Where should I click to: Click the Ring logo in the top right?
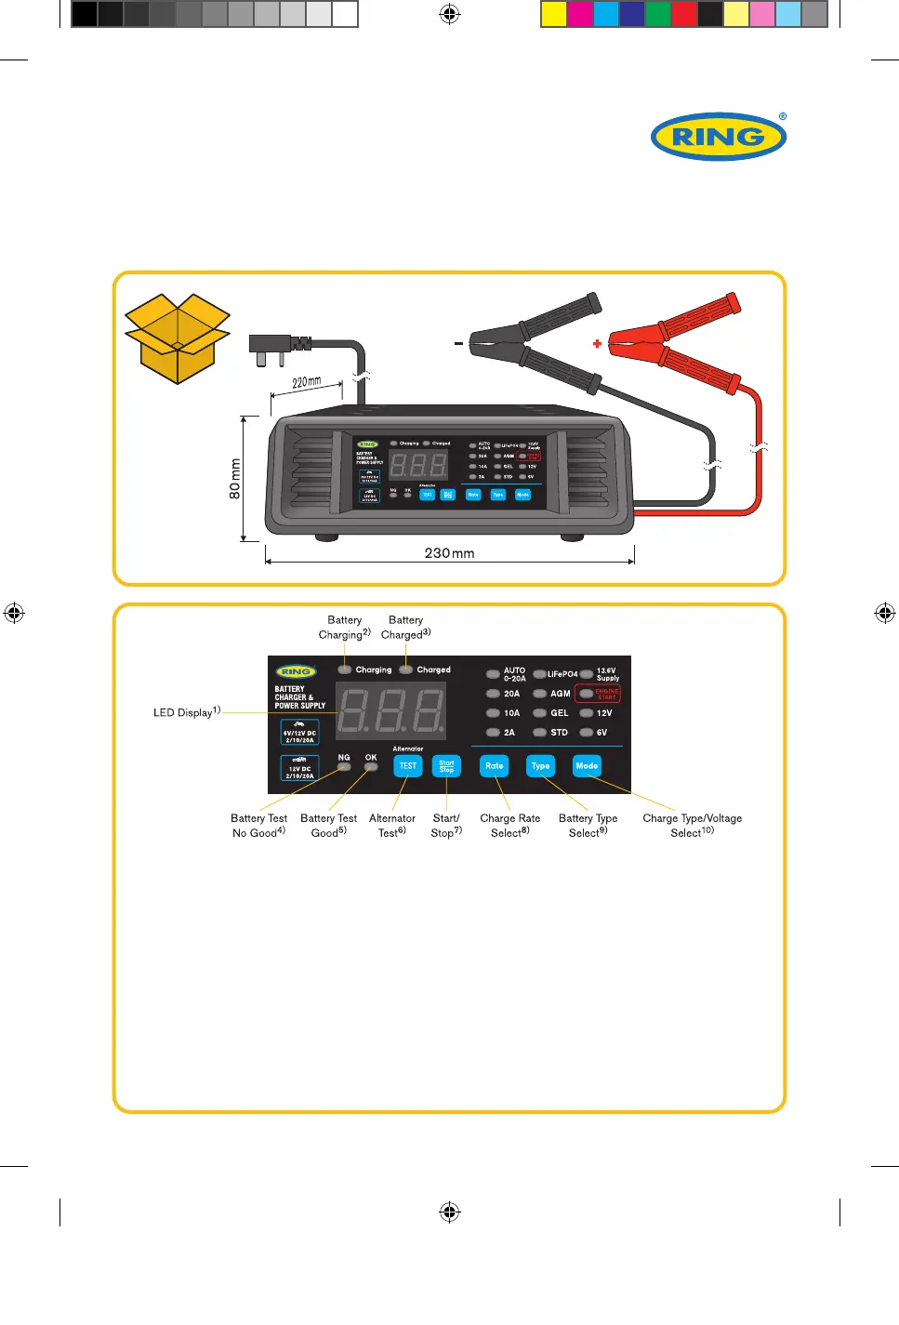coord(718,137)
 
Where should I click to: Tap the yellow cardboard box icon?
coord(177,338)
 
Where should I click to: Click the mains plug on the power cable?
coord(271,348)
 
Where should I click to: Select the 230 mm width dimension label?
coord(449,553)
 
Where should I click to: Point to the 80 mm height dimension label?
coord(235,478)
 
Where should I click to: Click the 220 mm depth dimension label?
coord(306,382)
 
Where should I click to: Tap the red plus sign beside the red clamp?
coord(597,344)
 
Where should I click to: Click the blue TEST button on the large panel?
coord(408,766)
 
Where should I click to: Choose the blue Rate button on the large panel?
coord(495,766)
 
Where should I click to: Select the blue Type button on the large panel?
coord(540,766)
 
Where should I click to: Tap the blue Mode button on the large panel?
coord(587,766)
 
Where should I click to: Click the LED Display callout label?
coord(186,712)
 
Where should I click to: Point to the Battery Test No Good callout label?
coord(258,826)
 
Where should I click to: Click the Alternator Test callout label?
coord(392,826)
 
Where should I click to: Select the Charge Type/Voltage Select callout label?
coord(692,826)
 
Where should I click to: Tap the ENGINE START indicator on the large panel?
coord(606,694)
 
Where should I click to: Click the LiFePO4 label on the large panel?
coord(562,674)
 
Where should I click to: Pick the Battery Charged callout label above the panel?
coord(405,628)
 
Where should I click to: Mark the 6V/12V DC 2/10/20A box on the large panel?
coord(299,733)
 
